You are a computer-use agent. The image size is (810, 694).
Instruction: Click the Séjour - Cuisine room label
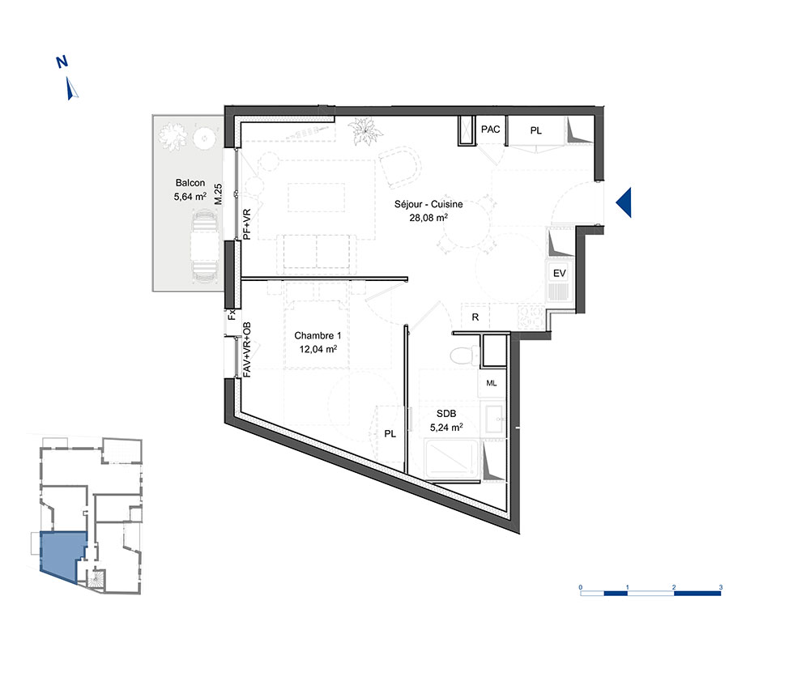pyautogui.click(x=428, y=204)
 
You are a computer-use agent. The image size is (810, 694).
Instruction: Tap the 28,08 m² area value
pyautogui.click(x=428, y=217)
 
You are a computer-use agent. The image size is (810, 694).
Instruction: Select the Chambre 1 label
pyautogui.click(x=318, y=335)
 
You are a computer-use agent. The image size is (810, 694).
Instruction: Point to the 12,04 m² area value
pyautogui.click(x=318, y=349)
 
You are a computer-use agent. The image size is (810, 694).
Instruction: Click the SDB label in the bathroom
pyautogui.click(x=446, y=414)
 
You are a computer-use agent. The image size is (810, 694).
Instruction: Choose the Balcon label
pyautogui.click(x=190, y=183)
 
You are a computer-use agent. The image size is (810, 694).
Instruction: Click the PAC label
pyautogui.click(x=490, y=129)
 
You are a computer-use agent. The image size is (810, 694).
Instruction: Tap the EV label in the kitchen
pyautogui.click(x=560, y=273)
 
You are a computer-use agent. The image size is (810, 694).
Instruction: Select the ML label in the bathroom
pyautogui.click(x=492, y=383)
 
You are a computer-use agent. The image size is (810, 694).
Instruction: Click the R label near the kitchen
pyautogui.click(x=475, y=317)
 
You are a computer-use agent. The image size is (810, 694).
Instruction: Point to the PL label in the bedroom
pyautogui.click(x=390, y=434)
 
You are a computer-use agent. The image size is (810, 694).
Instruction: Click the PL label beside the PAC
pyautogui.click(x=535, y=130)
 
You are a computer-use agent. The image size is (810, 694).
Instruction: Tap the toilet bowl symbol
pyautogui.click(x=464, y=356)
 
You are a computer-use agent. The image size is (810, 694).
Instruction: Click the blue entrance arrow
pyautogui.click(x=624, y=202)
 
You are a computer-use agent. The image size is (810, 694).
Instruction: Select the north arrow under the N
pyautogui.click(x=71, y=88)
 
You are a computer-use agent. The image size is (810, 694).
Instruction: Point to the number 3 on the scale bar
pyautogui.click(x=721, y=587)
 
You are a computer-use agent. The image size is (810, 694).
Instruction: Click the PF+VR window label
pyautogui.click(x=247, y=224)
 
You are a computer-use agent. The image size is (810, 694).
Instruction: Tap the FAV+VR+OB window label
pyautogui.click(x=247, y=350)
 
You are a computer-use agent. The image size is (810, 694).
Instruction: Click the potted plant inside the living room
pyautogui.click(x=366, y=131)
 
